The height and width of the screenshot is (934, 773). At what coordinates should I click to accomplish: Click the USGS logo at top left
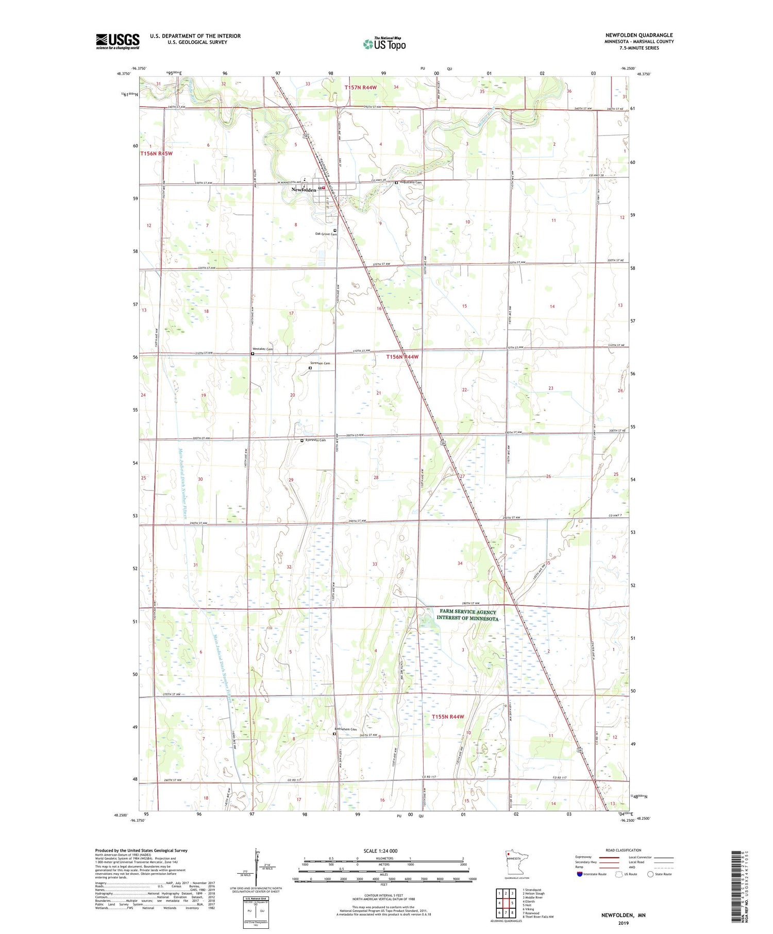(x=117, y=41)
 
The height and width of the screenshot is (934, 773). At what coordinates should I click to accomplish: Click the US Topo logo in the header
(x=384, y=44)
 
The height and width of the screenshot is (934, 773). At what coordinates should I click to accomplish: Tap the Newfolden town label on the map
(x=304, y=190)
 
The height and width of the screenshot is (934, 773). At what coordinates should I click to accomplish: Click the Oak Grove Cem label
(x=326, y=234)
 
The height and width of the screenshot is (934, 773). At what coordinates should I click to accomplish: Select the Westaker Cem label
(x=263, y=349)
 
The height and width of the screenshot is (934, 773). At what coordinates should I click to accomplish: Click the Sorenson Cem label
(x=320, y=363)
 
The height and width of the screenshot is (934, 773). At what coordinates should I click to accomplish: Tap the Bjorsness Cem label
(x=315, y=440)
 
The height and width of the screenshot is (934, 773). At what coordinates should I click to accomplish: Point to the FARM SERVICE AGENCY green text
(x=467, y=613)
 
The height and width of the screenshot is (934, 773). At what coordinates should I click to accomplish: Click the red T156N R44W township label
(x=402, y=356)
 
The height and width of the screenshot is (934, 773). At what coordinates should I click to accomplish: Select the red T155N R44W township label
(x=447, y=717)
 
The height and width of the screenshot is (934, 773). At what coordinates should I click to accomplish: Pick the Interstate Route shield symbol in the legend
(x=580, y=874)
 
